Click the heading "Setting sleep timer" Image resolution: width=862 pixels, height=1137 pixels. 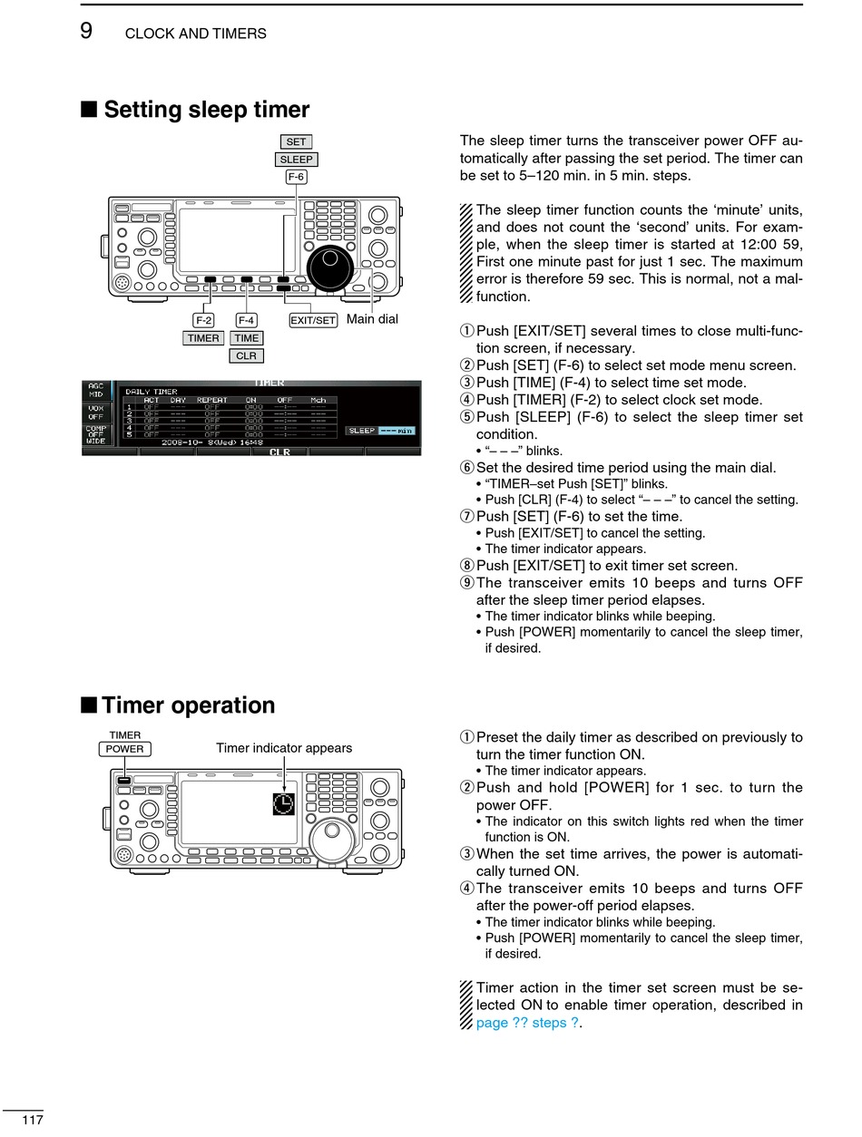[x=206, y=111]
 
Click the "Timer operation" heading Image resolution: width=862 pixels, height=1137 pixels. [x=188, y=705]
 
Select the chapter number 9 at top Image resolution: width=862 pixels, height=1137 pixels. [x=86, y=31]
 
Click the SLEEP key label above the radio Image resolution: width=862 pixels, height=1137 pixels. [x=296, y=160]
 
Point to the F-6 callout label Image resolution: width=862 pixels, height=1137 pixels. [x=296, y=177]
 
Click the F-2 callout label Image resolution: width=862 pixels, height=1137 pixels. [x=203, y=320]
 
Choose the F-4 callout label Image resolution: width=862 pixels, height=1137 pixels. [x=246, y=320]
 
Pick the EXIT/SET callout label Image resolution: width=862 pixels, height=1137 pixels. [x=313, y=320]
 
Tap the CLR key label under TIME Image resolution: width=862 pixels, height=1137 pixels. [x=246, y=355]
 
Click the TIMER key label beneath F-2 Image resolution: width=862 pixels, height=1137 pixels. [x=203, y=338]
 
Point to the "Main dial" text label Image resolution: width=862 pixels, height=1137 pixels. [x=372, y=319]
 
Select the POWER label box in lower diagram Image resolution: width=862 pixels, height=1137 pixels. [x=124, y=749]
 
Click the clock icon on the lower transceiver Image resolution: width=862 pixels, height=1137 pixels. [x=283, y=802]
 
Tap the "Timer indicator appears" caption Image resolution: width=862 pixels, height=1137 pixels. [x=284, y=748]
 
